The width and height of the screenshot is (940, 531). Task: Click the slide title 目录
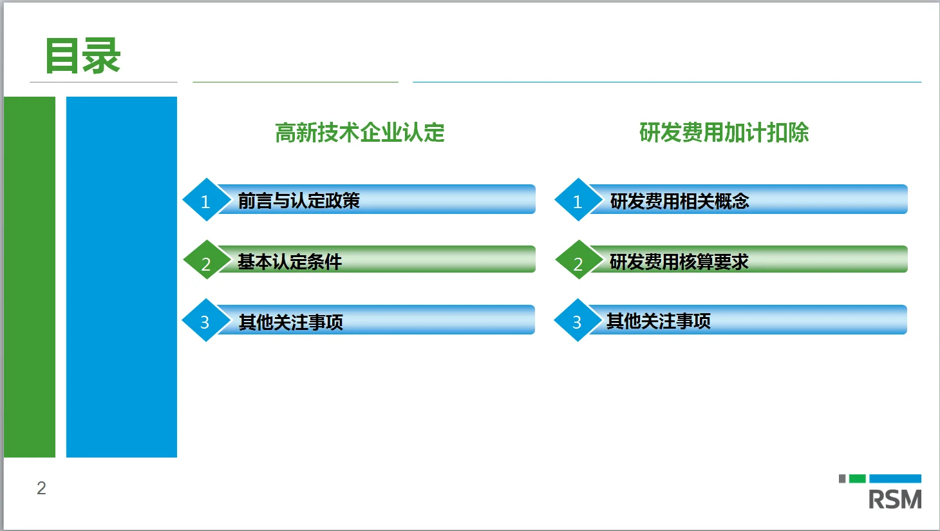pyautogui.click(x=82, y=56)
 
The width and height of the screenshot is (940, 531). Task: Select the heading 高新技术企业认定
pyautogui.click(x=359, y=133)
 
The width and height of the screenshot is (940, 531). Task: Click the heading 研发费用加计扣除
pyautogui.click(x=724, y=133)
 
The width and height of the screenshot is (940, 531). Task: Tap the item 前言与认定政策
pyautogui.click(x=299, y=201)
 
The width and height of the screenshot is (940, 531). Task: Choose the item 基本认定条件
pyautogui.click(x=290, y=262)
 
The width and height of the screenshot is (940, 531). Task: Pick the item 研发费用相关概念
pyautogui.click(x=679, y=201)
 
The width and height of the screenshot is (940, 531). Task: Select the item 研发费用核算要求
pyautogui.click(x=679, y=262)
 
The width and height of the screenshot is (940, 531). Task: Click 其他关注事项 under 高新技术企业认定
pyautogui.click(x=291, y=322)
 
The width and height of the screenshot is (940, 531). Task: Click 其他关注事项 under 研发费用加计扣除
pyautogui.click(x=658, y=321)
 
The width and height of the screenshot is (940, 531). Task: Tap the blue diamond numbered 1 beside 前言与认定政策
pyautogui.click(x=205, y=200)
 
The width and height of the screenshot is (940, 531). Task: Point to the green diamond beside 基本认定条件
pyautogui.click(x=206, y=261)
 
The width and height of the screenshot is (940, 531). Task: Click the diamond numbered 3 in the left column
pyautogui.click(x=205, y=321)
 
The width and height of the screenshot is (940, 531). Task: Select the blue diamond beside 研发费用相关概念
pyautogui.click(x=578, y=200)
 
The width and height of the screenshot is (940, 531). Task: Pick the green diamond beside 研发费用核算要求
pyautogui.click(x=578, y=261)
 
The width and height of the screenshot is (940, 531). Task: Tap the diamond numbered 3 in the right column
pyautogui.click(x=577, y=321)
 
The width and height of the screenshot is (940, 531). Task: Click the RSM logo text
pyautogui.click(x=894, y=499)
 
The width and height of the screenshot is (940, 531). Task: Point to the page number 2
pyautogui.click(x=41, y=488)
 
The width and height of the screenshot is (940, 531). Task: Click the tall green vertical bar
pyautogui.click(x=30, y=277)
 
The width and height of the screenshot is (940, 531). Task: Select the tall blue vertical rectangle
pyautogui.click(x=122, y=277)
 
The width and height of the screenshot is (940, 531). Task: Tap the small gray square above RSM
pyautogui.click(x=842, y=479)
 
